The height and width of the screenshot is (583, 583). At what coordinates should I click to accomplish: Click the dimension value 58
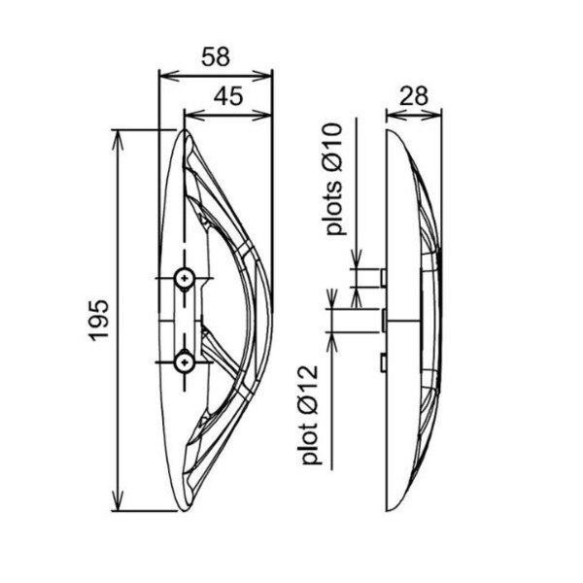[x=216, y=57]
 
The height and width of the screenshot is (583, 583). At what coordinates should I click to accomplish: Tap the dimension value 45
[x=228, y=96]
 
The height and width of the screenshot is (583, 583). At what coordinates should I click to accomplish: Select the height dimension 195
[x=99, y=320]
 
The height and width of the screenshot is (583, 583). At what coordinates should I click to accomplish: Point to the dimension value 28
[x=414, y=96]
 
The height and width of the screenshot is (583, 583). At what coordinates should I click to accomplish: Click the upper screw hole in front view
[x=185, y=278]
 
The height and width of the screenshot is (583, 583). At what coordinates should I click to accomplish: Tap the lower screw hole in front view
[x=185, y=361]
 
